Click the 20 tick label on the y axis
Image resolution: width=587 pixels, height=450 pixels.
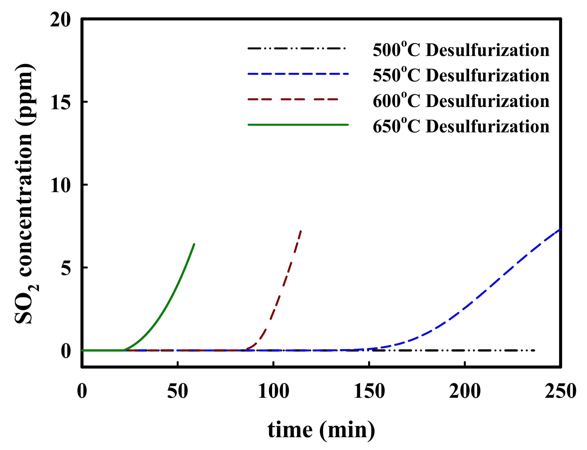click(60, 20)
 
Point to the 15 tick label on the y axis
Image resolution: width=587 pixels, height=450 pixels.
click(60, 103)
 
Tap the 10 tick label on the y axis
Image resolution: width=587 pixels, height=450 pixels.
click(60, 185)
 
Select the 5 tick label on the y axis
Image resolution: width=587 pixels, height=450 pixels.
click(66, 268)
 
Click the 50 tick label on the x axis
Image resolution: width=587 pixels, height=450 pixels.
click(177, 391)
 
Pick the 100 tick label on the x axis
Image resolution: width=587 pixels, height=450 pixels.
click(273, 391)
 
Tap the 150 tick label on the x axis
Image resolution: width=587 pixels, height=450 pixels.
click(369, 391)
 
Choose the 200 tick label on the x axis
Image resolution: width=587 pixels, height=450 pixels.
click(465, 391)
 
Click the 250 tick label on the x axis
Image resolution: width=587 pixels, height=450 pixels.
click(560, 391)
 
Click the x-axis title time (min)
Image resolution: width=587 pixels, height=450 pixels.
click(321, 430)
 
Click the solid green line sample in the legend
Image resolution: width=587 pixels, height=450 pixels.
click(298, 125)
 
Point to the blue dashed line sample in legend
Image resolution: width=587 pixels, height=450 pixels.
click(298, 74)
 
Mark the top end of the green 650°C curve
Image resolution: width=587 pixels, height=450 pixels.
click(194, 244)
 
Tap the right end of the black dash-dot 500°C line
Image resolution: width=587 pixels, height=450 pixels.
click(534, 351)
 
